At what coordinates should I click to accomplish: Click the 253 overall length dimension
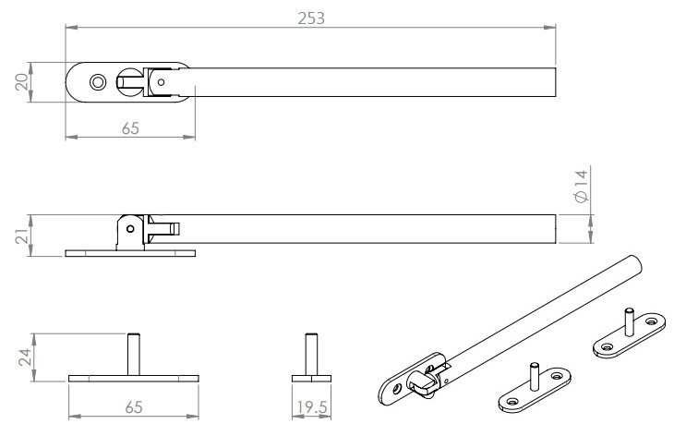312,18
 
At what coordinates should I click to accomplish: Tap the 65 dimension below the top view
130,129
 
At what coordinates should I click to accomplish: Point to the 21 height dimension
20,236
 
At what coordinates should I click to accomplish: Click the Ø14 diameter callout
580,187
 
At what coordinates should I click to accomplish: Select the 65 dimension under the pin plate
134,406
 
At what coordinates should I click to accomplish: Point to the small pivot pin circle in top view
162,81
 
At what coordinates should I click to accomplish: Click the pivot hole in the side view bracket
130,227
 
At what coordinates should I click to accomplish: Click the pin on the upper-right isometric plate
627,321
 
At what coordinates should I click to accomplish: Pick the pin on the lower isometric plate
533,379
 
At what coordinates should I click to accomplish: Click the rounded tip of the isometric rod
634,260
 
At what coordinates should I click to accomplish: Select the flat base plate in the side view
130,252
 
